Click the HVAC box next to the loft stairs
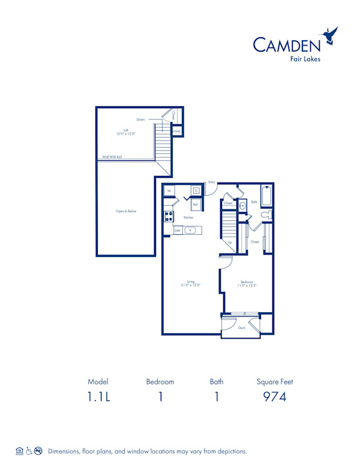177,131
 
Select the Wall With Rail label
112,157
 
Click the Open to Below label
126,211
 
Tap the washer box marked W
169,191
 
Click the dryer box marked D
196,191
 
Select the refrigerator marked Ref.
195,204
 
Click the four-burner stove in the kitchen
169,217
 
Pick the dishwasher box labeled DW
178,230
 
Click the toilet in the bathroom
268,214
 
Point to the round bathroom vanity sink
242,205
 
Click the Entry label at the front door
212,182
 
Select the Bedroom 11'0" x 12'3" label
248,284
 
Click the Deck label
242,328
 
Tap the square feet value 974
274,396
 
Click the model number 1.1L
97,396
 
